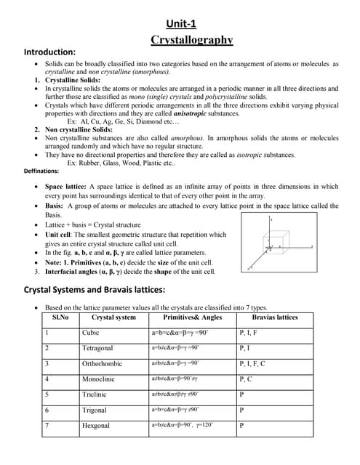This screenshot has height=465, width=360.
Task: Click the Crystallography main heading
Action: pyautogui.click(x=191, y=39)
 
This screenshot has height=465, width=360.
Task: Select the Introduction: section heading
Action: pyautogui.click(x=50, y=53)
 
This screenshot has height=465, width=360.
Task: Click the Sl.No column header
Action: pyautogui.click(x=60, y=318)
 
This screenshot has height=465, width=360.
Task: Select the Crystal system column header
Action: pyautogui.click(x=113, y=318)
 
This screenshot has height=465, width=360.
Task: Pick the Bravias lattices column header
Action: pyautogui.click(x=275, y=318)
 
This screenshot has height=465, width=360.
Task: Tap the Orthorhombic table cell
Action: pyautogui.click(x=102, y=363)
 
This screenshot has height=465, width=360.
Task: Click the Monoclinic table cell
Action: pyautogui.click(x=98, y=379)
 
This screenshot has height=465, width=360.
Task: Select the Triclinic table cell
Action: pyautogui.click(x=95, y=395)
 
